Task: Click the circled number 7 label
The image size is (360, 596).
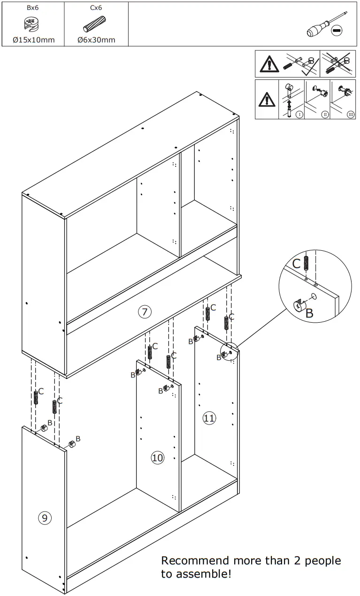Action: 145,311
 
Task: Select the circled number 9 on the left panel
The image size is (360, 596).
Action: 44,518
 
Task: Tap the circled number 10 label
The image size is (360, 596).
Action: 158,457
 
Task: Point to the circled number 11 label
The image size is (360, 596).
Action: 209,418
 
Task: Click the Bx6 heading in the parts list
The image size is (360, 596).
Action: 32,8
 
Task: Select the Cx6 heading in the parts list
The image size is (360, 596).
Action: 96,8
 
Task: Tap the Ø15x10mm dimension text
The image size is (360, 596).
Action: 33,40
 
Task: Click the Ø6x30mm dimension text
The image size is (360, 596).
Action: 96,40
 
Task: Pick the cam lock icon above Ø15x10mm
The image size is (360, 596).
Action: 31,24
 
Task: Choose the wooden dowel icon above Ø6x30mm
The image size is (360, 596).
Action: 95,24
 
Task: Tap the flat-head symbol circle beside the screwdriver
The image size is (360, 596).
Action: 337,31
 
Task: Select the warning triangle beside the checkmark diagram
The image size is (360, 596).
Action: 267,63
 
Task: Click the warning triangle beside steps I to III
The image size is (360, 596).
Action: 267,99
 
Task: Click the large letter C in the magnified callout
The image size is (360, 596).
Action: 296,264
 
